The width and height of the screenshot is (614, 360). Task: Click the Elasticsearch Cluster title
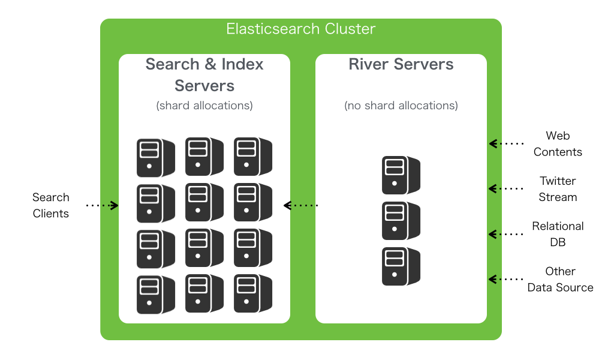[300, 29]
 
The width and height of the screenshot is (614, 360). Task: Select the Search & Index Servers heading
[204, 74]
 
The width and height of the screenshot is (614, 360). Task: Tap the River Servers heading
[401, 64]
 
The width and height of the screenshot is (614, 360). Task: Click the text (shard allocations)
[204, 106]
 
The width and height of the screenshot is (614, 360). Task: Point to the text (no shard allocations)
[401, 106]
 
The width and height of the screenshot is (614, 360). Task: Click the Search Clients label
[51, 205]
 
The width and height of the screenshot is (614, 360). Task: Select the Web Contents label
[558, 144]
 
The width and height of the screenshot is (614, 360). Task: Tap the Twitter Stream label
[558, 189]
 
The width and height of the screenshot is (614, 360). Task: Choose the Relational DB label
[558, 234]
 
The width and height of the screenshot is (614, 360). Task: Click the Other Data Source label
[560, 280]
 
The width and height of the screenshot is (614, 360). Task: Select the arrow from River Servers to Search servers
[300, 205]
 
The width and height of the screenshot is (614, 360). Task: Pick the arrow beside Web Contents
[506, 143]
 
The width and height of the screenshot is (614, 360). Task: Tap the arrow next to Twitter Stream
[506, 188]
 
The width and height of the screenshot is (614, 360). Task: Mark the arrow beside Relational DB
[506, 233]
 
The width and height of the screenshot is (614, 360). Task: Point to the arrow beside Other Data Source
[506, 279]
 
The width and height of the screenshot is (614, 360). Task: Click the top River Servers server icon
[401, 175]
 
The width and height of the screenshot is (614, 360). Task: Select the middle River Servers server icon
[401, 221]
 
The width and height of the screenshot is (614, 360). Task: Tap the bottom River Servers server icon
[401, 266]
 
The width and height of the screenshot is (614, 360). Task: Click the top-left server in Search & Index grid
[155, 158]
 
